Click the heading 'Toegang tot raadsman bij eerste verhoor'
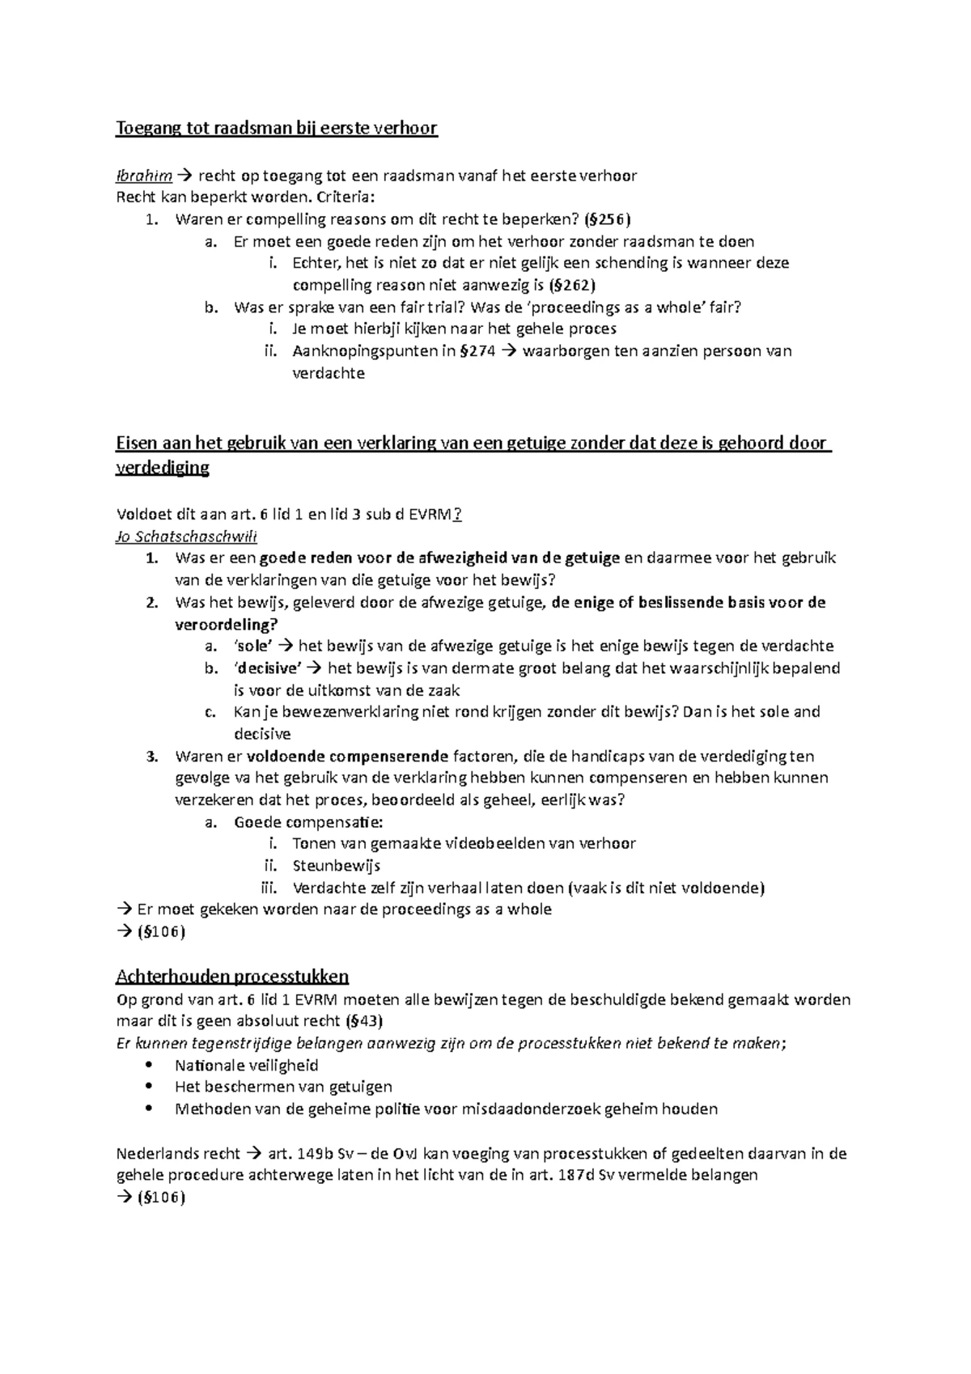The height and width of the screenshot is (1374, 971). click(x=277, y=129)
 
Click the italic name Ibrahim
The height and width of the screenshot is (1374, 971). click(x=144, y=175)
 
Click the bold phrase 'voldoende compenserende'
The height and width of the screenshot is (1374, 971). click(x=347, y=757)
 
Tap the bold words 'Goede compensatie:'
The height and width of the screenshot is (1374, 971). click(x=308, y=822)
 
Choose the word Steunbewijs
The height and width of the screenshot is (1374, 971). click(x=337, y=866)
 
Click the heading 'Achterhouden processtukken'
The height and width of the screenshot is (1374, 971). click(x=232, y=975)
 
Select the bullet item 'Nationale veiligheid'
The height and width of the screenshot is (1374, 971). click(x=246, y=1065)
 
